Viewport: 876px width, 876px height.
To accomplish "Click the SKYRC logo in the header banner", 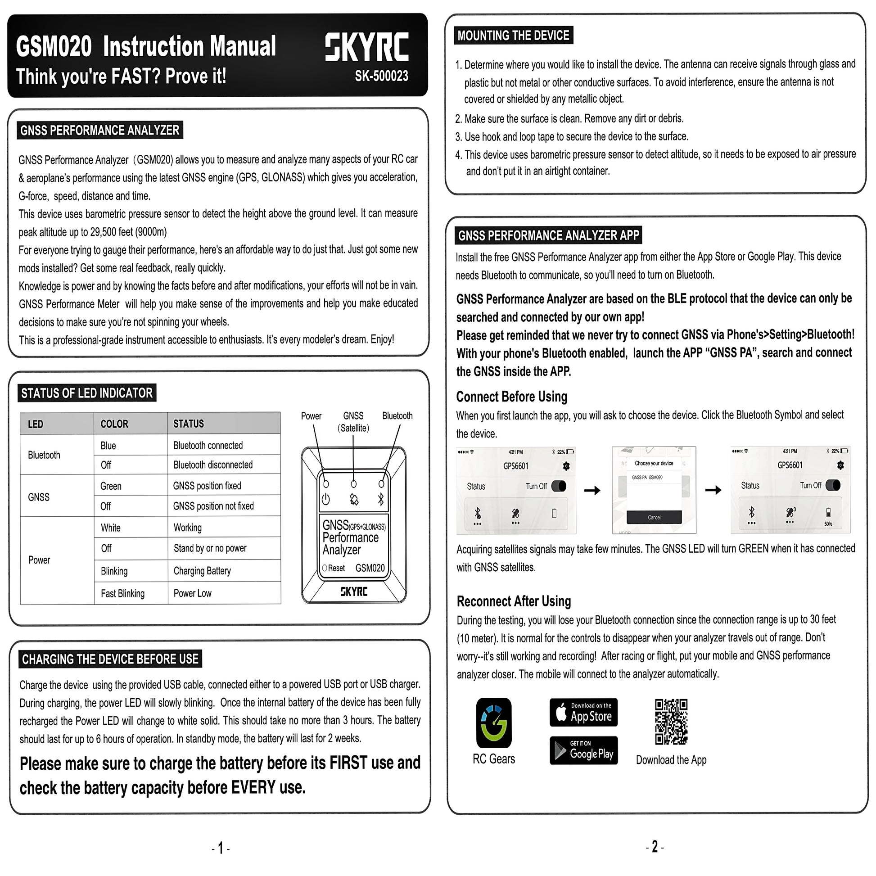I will [366, 47].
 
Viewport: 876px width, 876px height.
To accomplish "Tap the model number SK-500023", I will [381, 76].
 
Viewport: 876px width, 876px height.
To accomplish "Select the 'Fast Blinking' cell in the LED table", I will [122, 593].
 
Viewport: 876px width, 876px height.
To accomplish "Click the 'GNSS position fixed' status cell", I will [207, 486].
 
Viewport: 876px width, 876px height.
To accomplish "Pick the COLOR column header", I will [114, 424].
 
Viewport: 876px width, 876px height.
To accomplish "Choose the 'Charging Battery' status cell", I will [202, 571].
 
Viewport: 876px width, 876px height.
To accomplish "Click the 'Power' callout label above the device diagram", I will [311, 416].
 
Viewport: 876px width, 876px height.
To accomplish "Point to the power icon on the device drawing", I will [325, 499].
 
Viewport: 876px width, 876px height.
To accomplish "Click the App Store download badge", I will [583, 712].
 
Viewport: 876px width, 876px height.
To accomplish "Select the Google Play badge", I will [583, 750].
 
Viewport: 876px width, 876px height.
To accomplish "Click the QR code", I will [671, 722].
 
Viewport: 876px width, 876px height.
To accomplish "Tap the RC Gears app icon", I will [494, 723].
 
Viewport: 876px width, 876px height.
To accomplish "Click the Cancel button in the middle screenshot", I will [654, 517].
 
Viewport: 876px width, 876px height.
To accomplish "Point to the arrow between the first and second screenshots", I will [592, 490].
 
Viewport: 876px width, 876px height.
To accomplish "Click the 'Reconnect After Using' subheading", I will [514, 601].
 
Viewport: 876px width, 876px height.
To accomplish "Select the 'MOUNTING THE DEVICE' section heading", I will [513, 36].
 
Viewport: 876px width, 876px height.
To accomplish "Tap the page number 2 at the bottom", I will [654, 847].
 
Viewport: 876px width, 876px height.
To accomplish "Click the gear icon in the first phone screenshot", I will [566, 465].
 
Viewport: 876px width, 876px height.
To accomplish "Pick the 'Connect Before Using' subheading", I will [511, 397].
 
